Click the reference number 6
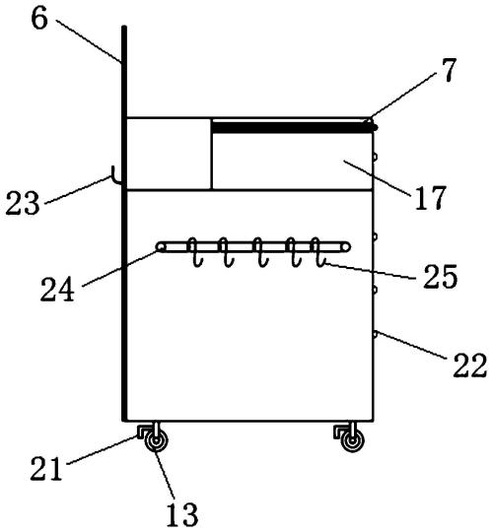(39, 19)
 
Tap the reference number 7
(450, 70)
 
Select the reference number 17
(430, 198)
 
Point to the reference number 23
(23, 203)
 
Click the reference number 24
(57, 289)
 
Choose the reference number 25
(440, 277)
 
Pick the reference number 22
(470, 366)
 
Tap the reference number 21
(46, 468)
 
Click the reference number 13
(181, 514)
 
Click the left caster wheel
(156, 441)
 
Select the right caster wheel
(353, 441)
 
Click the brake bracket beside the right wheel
(340, 431)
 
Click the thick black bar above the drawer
(294, 127)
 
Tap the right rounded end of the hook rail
(346, 246)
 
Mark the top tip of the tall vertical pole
(124, 27)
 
